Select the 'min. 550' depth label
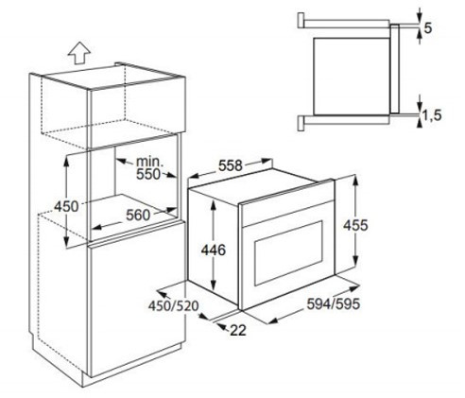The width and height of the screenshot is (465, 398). click(x=146, y=168)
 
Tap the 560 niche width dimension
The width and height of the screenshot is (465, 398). click(x=140, y=215)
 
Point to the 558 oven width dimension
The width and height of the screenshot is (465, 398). click(x=228, y=165)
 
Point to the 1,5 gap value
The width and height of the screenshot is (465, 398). click(x=433, y=115)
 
